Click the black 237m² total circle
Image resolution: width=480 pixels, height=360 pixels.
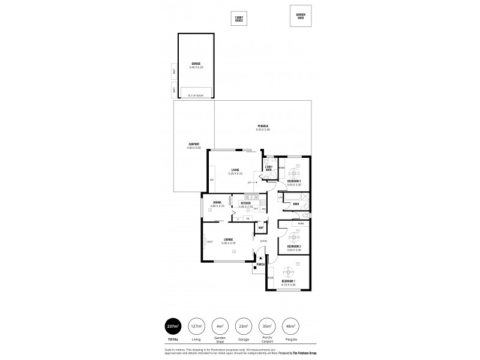(x=174, y=327)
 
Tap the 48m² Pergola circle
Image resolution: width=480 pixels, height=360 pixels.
(x=290, y=327)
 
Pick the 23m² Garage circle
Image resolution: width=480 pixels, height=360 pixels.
(x=244, y=327)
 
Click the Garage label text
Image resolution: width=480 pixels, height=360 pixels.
(x=196, y=63)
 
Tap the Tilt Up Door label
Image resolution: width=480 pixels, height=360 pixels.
(x=196, y=95)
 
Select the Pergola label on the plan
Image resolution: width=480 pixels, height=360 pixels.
(x=263, y=126)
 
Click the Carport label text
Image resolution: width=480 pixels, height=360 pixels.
(x=193, y=144)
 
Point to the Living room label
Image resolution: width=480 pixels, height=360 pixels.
(x=235, y=170)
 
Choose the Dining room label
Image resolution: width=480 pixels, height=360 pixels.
(x=217, y=203)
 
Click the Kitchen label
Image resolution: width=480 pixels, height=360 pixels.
(x=245, y=203)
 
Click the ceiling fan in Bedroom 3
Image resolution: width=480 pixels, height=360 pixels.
(x=294, y=169)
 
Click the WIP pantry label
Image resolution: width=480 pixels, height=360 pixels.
(x=261, y=226)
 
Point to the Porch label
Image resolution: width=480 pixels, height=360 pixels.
(x=260, y=264)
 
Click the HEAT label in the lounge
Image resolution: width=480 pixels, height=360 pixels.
(x=209, y=242)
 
